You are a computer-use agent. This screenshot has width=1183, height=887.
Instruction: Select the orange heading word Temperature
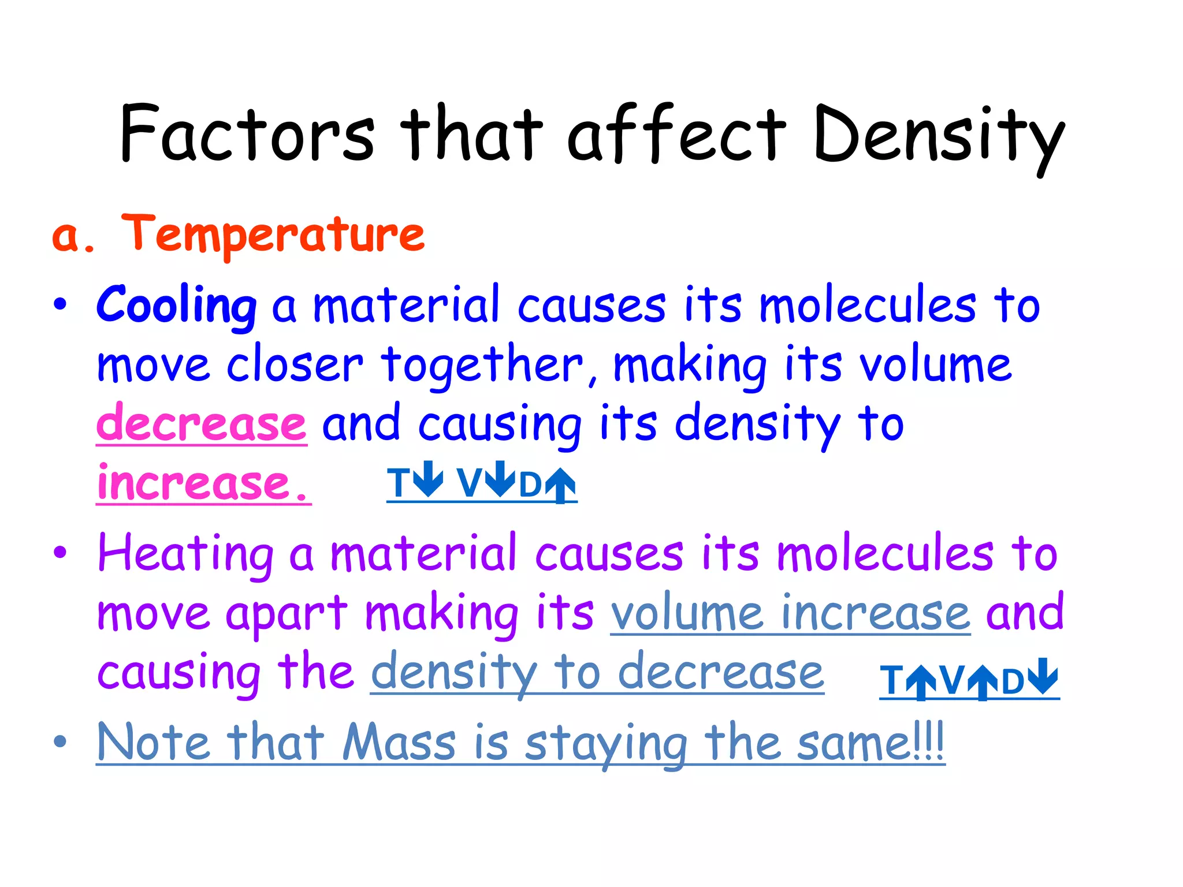click(x=273, y=234)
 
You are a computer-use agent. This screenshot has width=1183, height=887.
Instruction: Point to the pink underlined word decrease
click(x=202, y=423)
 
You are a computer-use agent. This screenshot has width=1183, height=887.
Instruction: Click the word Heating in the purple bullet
click(x=185, y=553)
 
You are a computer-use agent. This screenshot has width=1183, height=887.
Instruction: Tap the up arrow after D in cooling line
click(x=560, y=485)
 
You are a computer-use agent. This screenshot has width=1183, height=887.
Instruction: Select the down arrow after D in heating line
click(x=1044, y=676)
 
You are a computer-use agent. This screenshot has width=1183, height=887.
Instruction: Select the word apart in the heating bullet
click(x=287, y=613)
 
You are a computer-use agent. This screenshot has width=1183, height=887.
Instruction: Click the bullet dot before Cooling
click(x=60, y=304)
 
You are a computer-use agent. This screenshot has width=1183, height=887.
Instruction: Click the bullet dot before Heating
click(x=60, y=553)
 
